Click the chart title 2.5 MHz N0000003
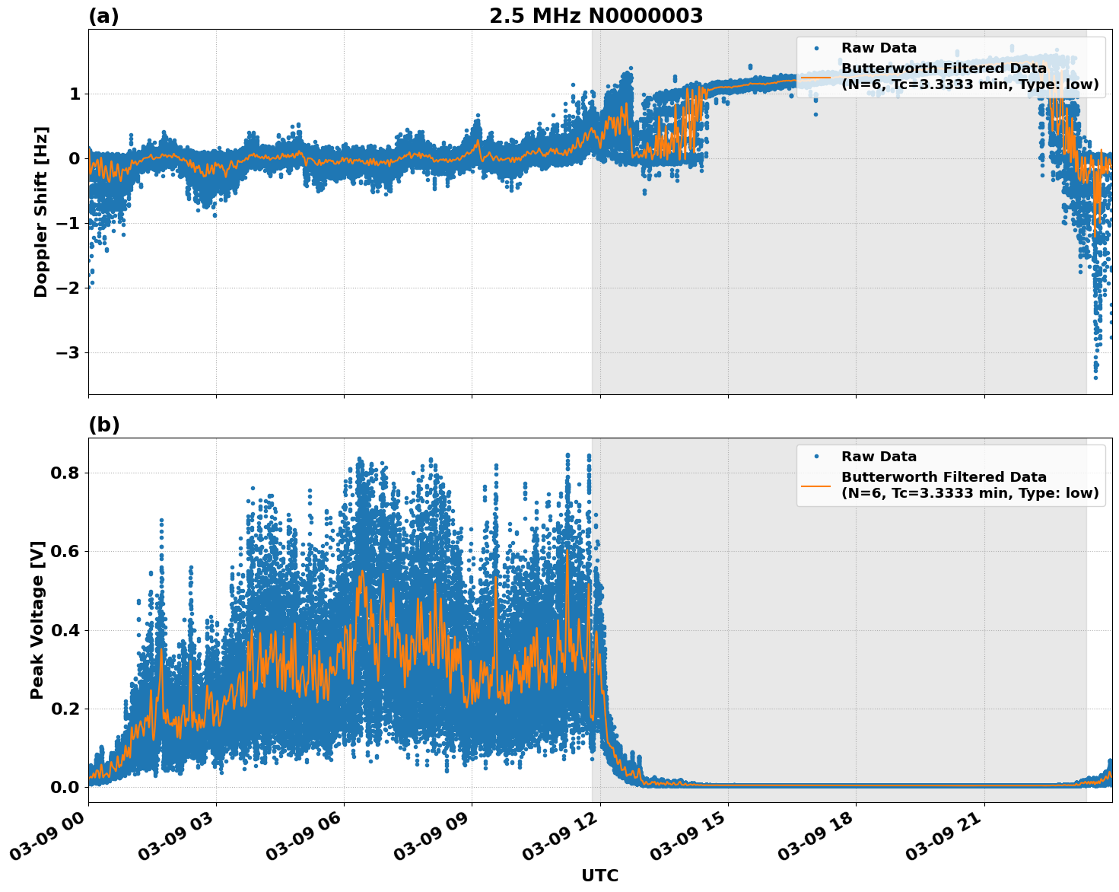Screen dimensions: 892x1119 596,16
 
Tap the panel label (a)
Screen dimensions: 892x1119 103,16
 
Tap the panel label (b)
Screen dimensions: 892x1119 103,425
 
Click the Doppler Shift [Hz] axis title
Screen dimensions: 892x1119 41,212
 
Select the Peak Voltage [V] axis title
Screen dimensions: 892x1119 37,620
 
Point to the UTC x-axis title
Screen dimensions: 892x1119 599,875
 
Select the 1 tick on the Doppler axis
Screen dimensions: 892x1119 75,94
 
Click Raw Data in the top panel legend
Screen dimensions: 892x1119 879,48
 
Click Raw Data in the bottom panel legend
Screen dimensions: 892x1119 879,457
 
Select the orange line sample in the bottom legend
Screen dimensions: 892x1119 815,486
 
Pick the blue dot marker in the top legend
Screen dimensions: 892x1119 816,48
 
